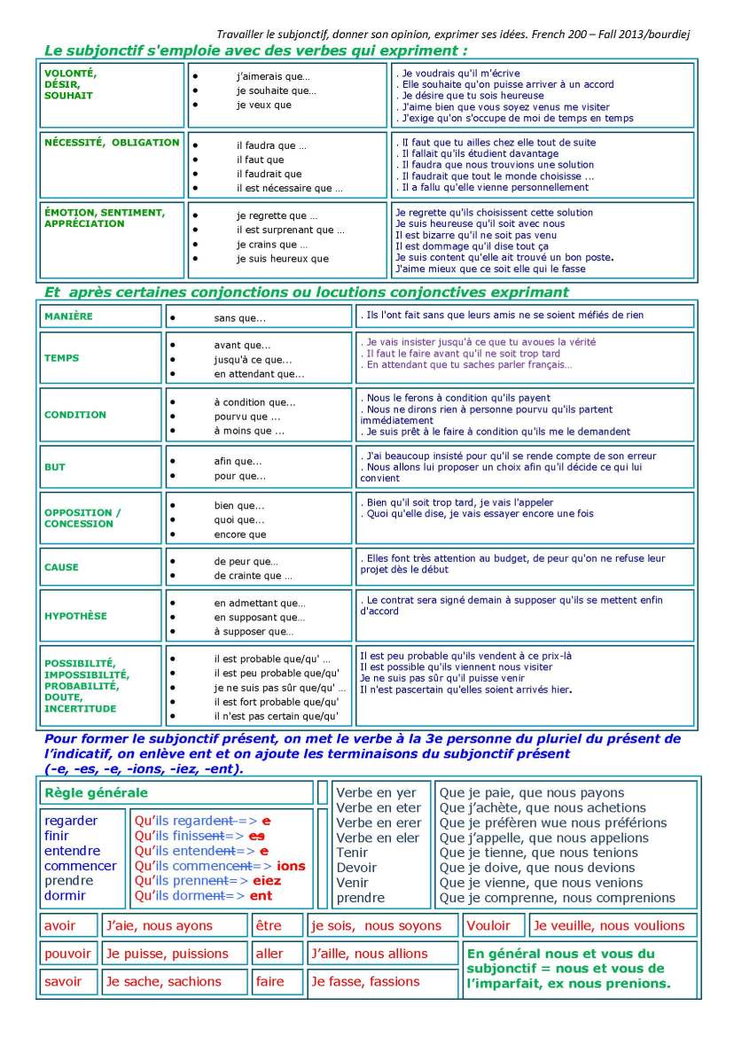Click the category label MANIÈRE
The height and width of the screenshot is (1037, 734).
tap(68, 316)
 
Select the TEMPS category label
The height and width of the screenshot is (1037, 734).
tap(61, 359)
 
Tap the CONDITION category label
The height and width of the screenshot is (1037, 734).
tap(74, 415)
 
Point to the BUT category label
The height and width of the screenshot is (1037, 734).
tap(55, 467)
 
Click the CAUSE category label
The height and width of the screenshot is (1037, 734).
tap(61, 567)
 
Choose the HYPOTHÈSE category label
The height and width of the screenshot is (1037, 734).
tap(75, 616)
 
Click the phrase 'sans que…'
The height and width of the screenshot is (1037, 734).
tap(239, 317)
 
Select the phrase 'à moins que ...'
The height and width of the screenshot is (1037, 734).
tap(249, 431)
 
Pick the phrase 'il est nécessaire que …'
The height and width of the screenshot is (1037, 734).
tap(289, 188)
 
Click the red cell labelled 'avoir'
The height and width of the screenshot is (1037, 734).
tap(60, 926)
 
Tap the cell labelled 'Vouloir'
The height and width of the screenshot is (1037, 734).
tap(488, 926)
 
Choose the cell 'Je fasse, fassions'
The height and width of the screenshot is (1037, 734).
tap(364, 982)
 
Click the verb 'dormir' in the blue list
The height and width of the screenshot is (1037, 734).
tap(65, 896)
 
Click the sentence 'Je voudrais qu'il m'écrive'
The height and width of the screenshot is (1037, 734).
tap(460, 74)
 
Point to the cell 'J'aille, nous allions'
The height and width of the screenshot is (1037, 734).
tap(369, 954)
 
